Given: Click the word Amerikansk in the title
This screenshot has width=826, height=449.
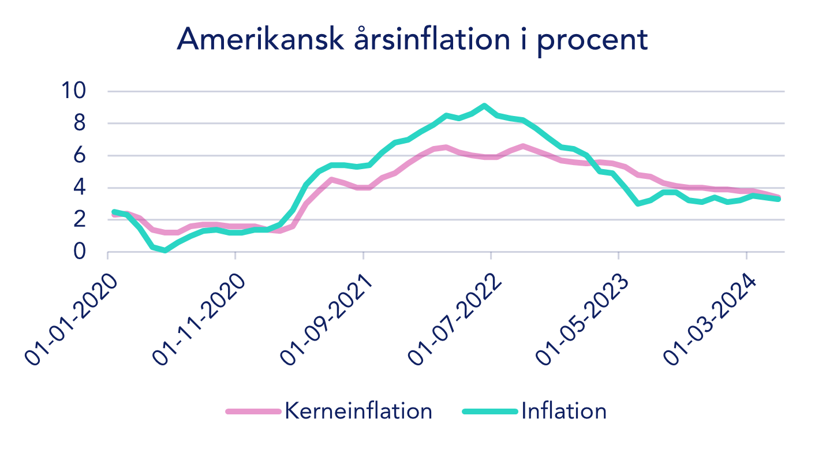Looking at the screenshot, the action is tap(261, 39).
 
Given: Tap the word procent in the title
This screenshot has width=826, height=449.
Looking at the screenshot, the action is tap(592, 42).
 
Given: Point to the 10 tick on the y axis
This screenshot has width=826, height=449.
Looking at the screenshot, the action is tap(74, 90).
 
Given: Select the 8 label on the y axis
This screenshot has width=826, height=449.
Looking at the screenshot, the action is tap(80, 123).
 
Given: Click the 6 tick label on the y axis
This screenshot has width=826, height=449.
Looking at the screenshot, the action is tap(80, 155).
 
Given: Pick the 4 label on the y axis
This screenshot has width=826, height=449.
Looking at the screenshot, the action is tap(80, 187).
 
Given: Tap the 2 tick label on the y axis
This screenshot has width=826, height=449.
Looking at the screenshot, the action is tap(80, 219).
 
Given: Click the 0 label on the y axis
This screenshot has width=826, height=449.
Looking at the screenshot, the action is tap(80, 252).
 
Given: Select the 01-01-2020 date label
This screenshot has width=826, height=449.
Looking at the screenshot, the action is tap(71, 320).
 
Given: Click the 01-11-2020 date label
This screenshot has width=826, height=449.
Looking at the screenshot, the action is tap(199, 320).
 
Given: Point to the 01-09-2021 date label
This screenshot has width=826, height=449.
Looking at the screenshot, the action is tap(327, 320).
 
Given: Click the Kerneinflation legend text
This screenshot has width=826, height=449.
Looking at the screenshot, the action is tap(358, 411).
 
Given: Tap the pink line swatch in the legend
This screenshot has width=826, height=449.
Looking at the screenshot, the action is tap(253, 411).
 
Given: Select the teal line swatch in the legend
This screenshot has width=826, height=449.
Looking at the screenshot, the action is tap(490, 411).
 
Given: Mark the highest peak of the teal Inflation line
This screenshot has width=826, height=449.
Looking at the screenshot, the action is tap(484, 106).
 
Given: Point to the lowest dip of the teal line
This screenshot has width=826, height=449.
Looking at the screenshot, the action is tap(165, 250).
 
